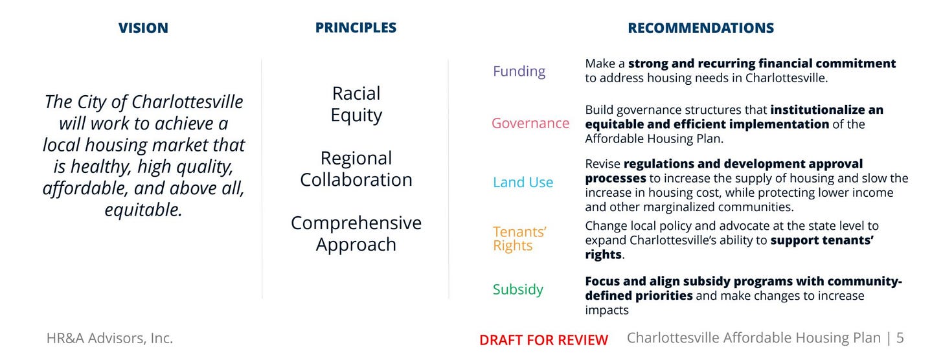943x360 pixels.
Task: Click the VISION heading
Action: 143,28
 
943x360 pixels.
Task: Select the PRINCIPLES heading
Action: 356,28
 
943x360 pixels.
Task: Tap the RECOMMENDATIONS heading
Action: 701,28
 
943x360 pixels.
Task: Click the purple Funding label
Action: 519,71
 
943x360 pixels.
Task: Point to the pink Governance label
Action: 530,123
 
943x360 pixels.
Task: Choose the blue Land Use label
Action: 523,182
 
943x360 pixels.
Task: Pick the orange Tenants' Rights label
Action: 519,238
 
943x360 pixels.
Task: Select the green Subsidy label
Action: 518,289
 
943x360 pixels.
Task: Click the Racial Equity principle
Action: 356,104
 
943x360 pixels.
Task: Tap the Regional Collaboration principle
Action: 356,169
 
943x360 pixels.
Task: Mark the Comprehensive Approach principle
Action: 356,234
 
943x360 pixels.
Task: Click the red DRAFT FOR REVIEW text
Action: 543,340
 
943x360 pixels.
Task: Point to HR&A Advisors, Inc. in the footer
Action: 109,338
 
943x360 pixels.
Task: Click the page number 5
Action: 900,338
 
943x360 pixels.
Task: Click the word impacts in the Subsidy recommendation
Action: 607,310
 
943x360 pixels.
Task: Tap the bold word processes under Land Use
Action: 615,179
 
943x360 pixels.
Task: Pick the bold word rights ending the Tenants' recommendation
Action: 603,254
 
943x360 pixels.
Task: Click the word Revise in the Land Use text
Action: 602,164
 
